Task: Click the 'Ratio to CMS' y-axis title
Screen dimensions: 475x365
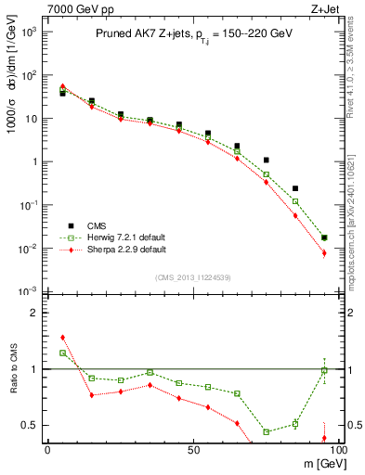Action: tap(12, 368)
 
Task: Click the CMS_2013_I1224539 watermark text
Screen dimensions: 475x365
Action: tap(192, 277)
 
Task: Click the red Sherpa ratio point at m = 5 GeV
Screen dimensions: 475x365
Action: tap(62, 338)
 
